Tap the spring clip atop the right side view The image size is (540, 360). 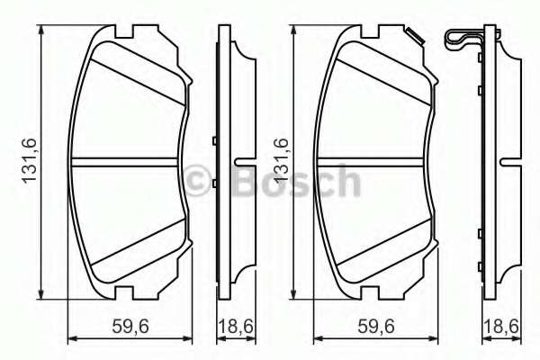point(465,38)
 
